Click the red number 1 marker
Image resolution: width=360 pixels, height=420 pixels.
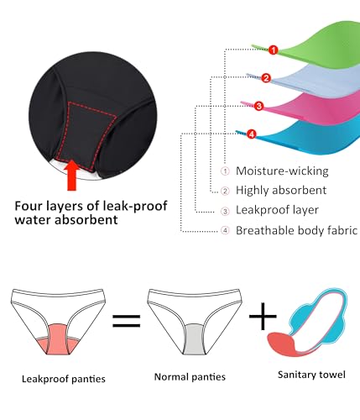tap(273, 50)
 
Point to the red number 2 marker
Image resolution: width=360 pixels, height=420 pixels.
tap(265, 78)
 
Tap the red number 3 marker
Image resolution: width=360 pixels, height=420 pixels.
tap(258, 106)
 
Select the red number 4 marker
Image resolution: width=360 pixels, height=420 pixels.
tap(251, 134)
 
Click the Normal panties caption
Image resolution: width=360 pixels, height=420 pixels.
tap(190, 377)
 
